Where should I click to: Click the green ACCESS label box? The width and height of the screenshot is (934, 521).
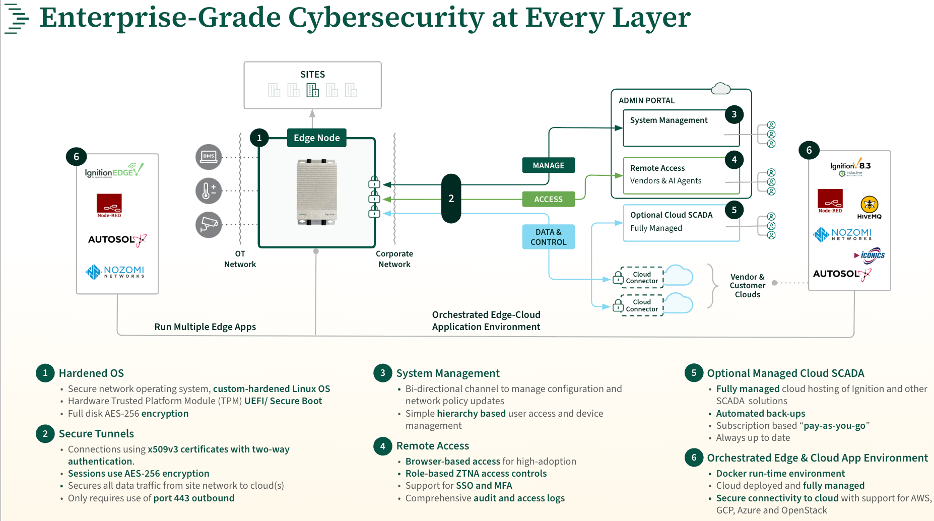pyautogui.click(x=548, y=199)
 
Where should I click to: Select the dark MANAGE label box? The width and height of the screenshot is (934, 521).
pyautogui.click(x=548, y=165)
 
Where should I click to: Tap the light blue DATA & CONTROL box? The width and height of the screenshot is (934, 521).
pyautogui.click(x=548, y=237)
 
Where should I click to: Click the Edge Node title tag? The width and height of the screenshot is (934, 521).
pyautogui.click(x=316, y=138)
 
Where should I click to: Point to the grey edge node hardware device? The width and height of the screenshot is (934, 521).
pyautogui.click(x=316, y=191)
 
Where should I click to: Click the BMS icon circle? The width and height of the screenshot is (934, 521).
pyautogui.click(x=209, y=157)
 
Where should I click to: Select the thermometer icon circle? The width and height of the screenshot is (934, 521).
pyautogui.click(x=209, y=191)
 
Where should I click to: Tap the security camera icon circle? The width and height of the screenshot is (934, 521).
pyautogui.click(x=209, y=224)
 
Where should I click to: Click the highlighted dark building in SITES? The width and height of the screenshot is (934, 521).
pyautogui.click(x=313, y=90)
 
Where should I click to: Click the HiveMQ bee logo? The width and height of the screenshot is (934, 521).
pyautogui.click(x=869, y=205)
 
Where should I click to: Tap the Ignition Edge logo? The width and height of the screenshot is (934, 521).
pyautogui.click(x=114, y=171)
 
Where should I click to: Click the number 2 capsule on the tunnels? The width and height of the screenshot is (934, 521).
pyautogui.click(x=451, y=199)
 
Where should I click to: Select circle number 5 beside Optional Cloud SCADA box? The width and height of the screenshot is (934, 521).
pyautogui.click(x=734, y=210)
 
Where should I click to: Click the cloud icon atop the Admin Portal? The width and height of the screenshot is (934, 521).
pyautogui.click(x=721, y=89)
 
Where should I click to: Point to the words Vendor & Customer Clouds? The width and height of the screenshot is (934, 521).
pyautogui.click(x=747, y=286)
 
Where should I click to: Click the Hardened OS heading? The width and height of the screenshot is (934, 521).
pyautogui.click(x=91, y=373)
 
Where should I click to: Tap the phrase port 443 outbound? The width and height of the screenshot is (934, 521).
pyautogui.click(x=194, y=498)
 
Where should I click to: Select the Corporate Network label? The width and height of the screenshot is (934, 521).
pyautogui.click(x=394, y=259)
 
